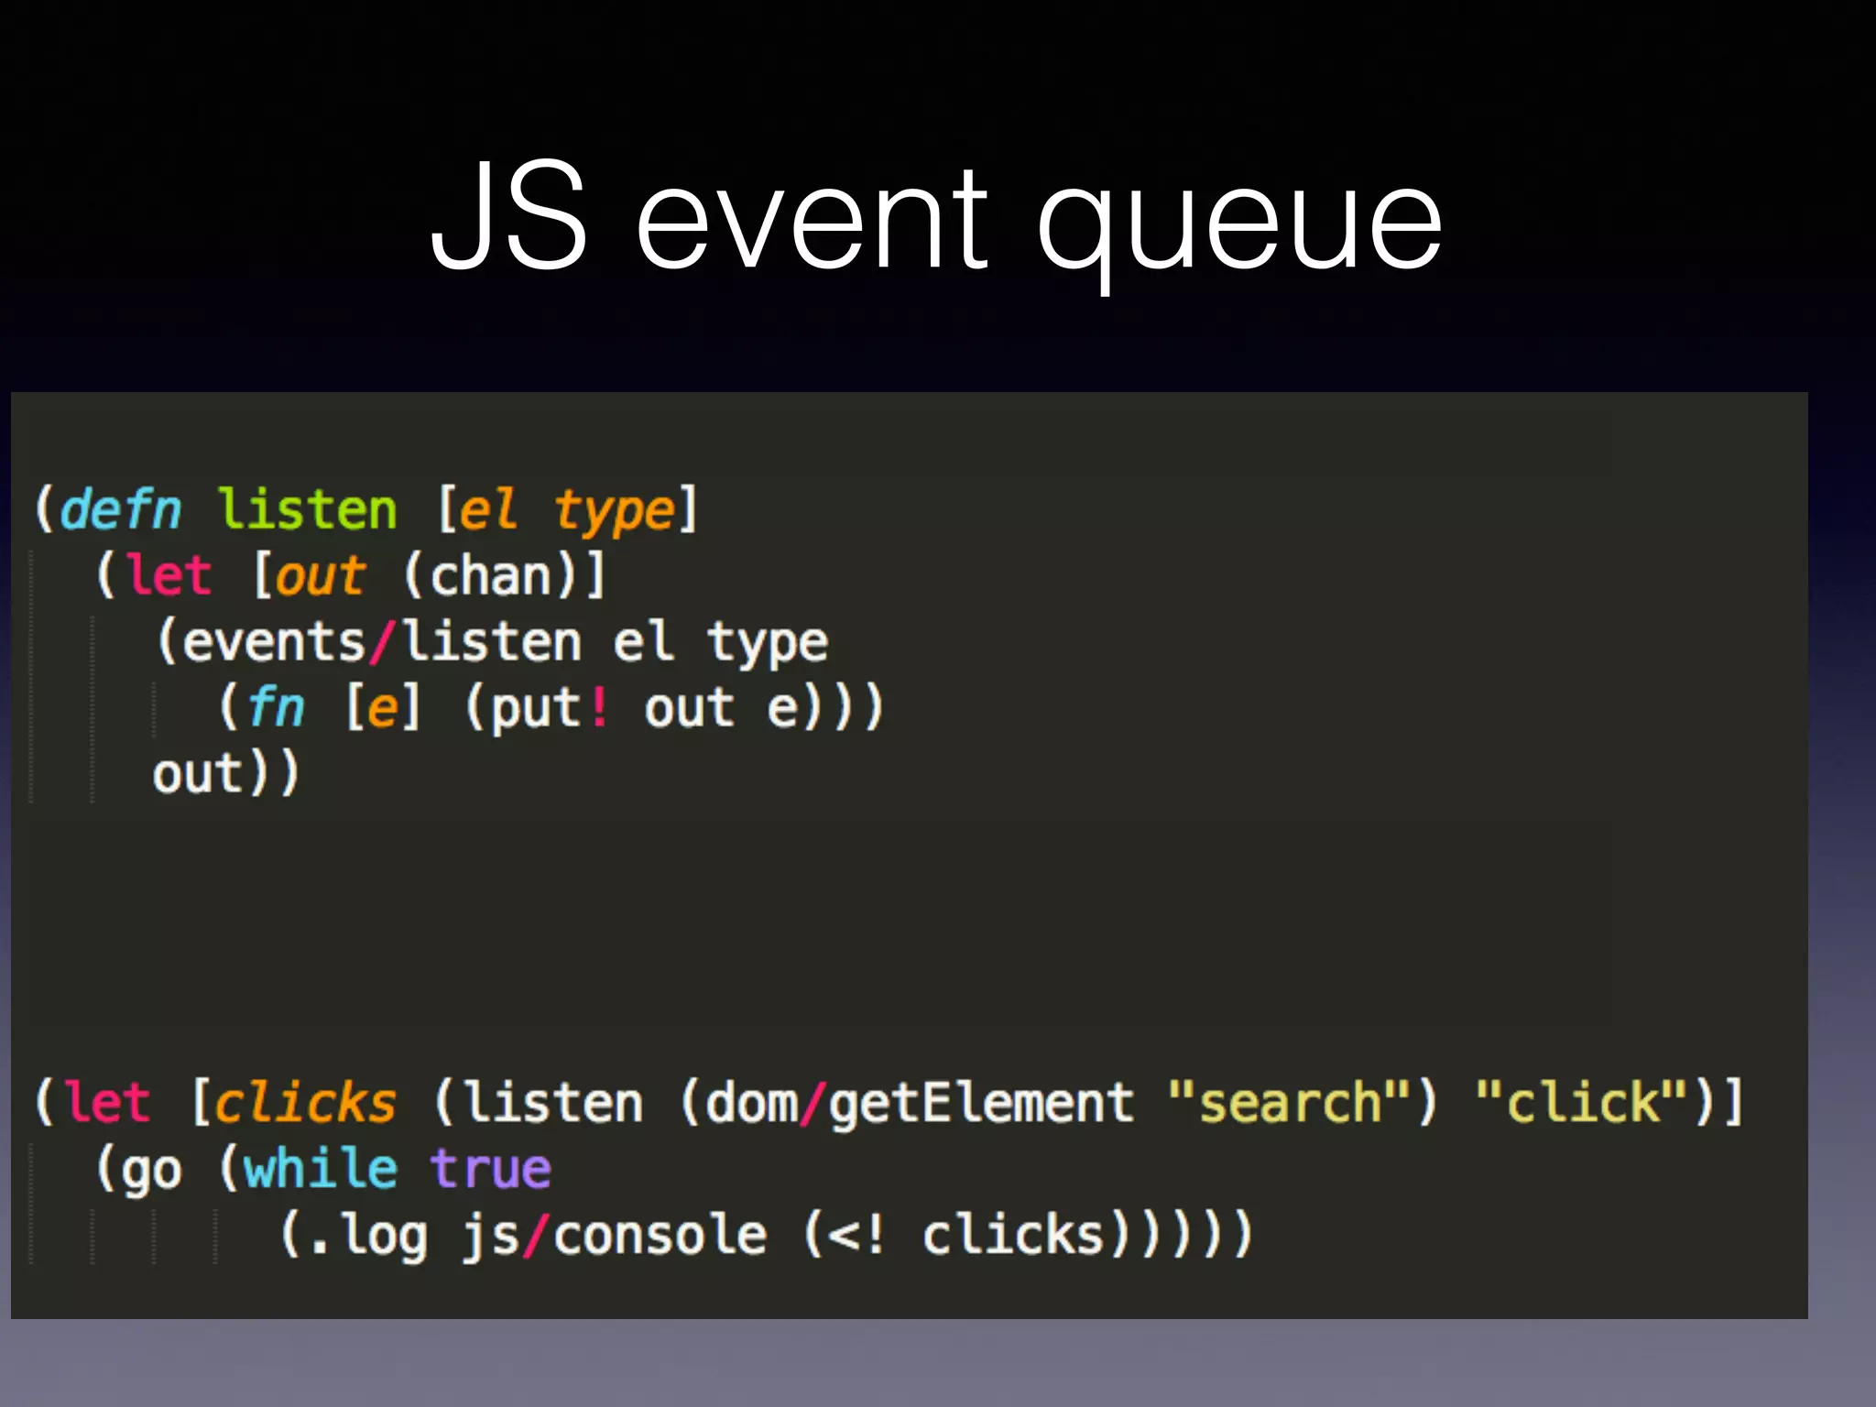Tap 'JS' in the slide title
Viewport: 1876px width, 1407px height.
509,216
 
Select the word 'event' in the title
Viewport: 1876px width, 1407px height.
812,224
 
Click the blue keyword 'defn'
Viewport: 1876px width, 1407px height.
121,509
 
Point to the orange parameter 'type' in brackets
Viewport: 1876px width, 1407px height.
615,511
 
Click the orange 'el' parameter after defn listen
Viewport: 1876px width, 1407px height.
486,509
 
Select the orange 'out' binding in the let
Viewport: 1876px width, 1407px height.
320,576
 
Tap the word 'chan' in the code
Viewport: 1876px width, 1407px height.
490,576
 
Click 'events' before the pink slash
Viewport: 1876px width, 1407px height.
274,642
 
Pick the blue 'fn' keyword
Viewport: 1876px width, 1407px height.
276,708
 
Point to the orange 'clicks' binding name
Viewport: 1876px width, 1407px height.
305,1102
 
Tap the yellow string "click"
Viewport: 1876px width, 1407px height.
1582,1102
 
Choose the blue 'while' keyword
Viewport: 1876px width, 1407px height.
321,1169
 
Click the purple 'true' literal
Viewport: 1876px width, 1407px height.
491,1169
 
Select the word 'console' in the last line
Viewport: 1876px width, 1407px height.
660,1235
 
